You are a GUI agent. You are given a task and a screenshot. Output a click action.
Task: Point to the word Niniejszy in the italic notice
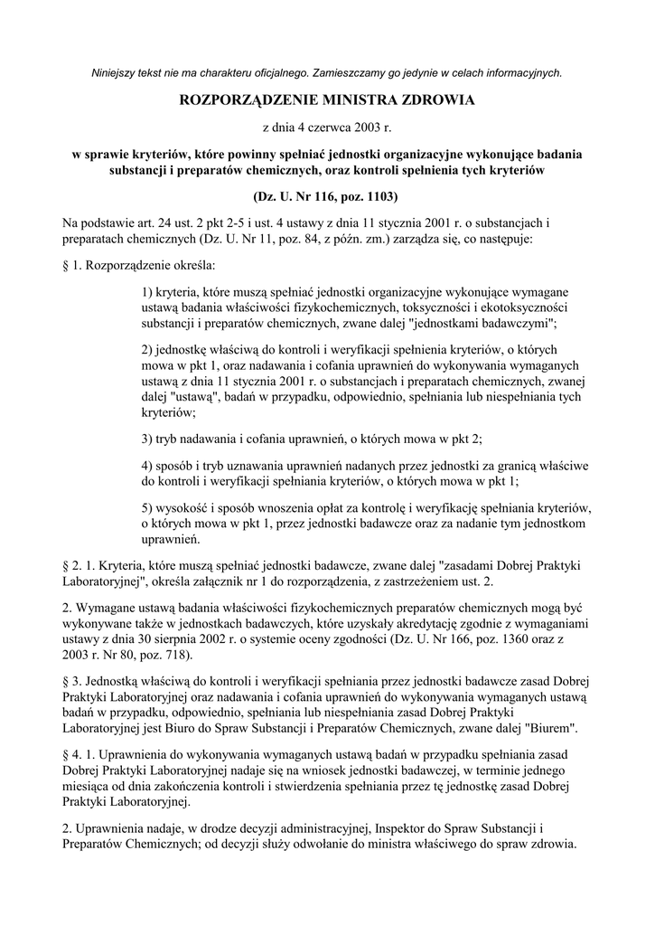click(117, 72)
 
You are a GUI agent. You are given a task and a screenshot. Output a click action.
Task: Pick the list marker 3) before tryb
click(150, 439)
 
